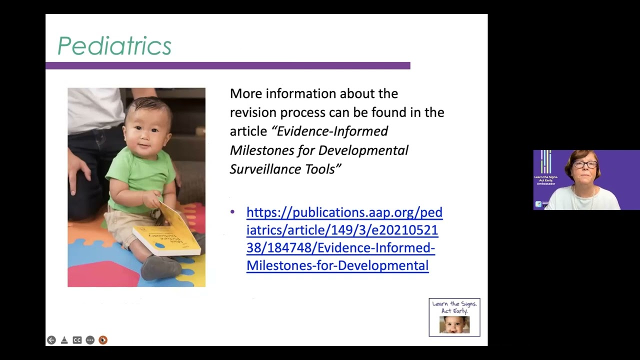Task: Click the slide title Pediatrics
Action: point(114,46)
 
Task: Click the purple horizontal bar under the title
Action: point(227,65)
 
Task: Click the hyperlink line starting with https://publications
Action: point(344,212)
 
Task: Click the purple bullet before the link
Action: point(232,212)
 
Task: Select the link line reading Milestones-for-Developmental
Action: point(337,265)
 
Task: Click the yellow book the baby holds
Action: point(167,235)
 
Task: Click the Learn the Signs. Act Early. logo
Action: point(454,317)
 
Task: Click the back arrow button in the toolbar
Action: point(51,340)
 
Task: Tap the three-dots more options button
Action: point(90,340)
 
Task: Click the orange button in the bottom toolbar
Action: point(103,340)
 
